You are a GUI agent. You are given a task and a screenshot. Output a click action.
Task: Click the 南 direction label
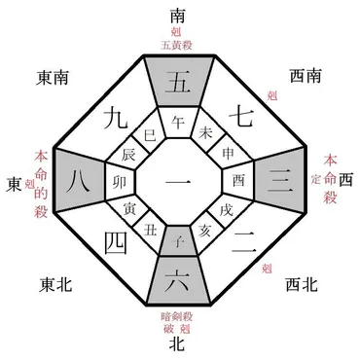[178, 16]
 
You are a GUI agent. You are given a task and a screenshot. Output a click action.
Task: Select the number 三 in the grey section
[280, 179]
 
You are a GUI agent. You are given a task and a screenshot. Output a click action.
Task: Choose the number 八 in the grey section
[80, 179]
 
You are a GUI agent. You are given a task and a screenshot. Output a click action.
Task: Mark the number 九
[113, 120]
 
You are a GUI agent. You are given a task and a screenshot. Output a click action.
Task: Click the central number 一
[179, 180]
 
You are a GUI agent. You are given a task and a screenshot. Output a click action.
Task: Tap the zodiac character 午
[178, 122]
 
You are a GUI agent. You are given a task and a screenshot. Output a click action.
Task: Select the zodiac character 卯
[121, 180]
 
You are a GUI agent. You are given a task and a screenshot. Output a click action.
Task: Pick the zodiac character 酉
[238, 180]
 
